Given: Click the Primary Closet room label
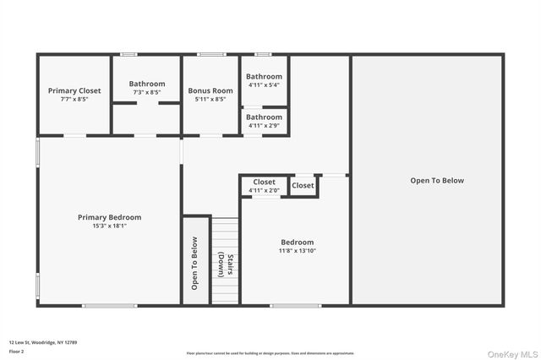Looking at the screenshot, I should coord(74,90).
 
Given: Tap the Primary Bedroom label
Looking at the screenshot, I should coord(110,217).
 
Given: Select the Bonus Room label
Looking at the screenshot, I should coord(210,90).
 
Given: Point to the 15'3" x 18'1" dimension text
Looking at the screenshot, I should coord(110,226).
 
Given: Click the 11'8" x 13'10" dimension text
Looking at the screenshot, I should coord(297,251).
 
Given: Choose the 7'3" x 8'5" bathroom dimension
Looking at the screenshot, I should coord(147,92).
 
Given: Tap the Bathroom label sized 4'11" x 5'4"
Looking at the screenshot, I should coord(265,77).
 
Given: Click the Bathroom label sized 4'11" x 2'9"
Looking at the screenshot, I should coord(265,117).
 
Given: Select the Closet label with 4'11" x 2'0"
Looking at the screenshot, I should coord(265,182).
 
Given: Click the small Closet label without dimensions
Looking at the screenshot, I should coord(303,185).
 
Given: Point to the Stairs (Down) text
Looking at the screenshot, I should coord(223,265).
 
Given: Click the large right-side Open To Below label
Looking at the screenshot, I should coord(437,180).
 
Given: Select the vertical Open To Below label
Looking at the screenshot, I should coord(194,263).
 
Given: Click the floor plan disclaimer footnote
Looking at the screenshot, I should coord(270,353).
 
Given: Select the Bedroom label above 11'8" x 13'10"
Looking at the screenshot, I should coord(297,242).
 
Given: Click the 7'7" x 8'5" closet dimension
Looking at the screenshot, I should coord(74,99).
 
